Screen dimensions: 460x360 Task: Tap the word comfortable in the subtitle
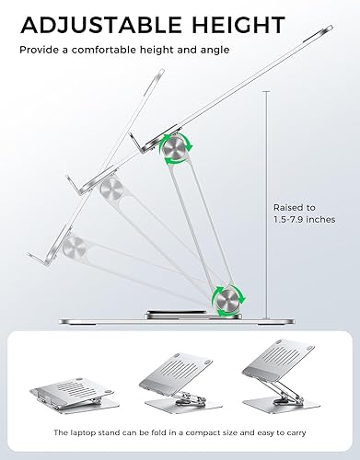click(117, 50)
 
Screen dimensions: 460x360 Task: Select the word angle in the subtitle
click(213, 50)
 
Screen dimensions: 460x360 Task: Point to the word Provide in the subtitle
click(40, 50)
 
